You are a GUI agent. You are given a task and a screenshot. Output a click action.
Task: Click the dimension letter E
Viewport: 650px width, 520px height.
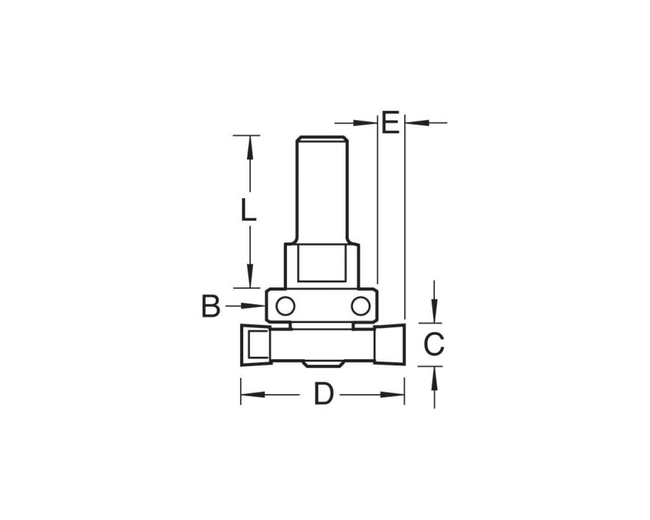pyautogui.click(x=390, y=123)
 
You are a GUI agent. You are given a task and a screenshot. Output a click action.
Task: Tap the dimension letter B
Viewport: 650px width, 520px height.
pyautogui.click(x=211, y=307)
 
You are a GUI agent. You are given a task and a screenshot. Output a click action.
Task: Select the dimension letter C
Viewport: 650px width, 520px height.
pyautogui.click(x=433, y=344)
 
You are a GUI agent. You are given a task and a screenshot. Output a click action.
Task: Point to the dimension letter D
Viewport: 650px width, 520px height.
pyautogui.click(x=323, y=394)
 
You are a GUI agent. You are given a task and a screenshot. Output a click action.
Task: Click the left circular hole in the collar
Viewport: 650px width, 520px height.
pyautogui.click(x=285, y=306)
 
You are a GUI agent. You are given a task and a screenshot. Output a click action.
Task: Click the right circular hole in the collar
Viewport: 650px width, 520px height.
pyautogui.click(x=360, y=306)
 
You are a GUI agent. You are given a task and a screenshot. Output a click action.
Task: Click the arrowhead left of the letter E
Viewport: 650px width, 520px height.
pyautogui.click(x=366, y=123)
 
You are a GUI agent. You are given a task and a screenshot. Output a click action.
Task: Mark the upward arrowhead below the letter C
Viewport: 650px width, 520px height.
pyautogui.click(x=434, y=376)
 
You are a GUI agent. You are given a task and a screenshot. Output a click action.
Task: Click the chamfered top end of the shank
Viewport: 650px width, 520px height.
pyautogui.click(x=322, y=139)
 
